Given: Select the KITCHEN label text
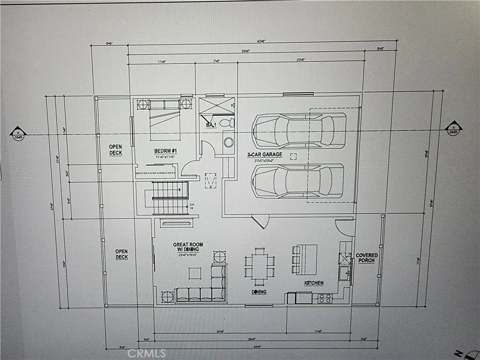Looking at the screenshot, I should [x=314, y=283].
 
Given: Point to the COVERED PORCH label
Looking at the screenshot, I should [x=367, y=257].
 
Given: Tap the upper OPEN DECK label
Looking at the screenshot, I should [x=116, y=150].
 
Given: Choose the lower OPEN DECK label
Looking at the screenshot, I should [x=121, y=254].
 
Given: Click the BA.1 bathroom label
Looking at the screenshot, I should [x=210, y=125].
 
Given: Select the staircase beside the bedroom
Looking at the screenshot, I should [x=167, y=197].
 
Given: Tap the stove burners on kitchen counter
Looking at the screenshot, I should [x=324, y=298].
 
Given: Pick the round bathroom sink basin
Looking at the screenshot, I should [x=228, y=142].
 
